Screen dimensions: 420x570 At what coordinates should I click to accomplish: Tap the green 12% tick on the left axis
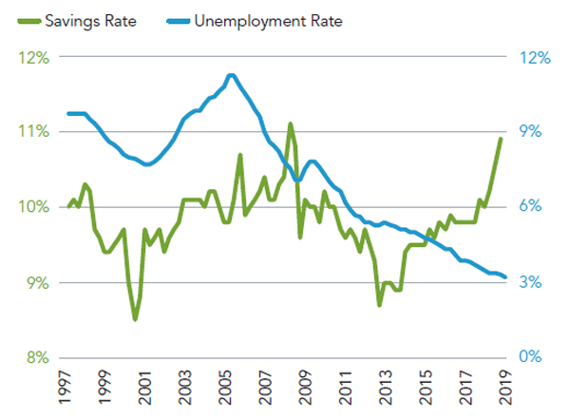coord(34,56)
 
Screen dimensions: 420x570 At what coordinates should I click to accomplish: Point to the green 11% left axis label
coord(34,131)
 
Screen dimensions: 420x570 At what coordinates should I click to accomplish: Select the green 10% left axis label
coord(34,207)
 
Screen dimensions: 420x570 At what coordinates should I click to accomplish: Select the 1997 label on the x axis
coord(65,390)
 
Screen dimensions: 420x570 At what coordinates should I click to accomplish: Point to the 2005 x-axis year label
coord(224,390)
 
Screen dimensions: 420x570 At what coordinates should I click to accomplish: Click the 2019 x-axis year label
coord(505,390)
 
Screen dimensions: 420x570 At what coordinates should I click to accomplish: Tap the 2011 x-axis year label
coord(345,390)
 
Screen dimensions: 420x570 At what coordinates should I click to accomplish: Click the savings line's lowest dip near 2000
coord(135,319)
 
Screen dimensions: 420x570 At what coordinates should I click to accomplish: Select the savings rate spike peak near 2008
coord(291,124)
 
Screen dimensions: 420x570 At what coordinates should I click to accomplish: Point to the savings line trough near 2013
coord(379,304)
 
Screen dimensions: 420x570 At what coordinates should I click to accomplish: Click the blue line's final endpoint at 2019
coord(505,277)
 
